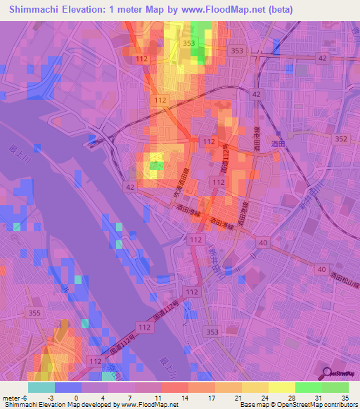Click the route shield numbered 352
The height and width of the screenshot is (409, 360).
pyautogui.click(x=341, y=139)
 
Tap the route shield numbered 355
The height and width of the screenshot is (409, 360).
pyautogui.click(x=14, y=311)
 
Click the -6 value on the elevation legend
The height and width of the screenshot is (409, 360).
pyautogui.click(x=25, y=397)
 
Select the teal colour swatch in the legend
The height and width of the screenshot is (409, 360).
pyautogui.click(x=41, y=387)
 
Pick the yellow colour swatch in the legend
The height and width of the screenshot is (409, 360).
pyautogui.click(x=281, y=387)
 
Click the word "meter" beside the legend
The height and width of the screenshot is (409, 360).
pyautogui.click(x=11, y=397)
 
